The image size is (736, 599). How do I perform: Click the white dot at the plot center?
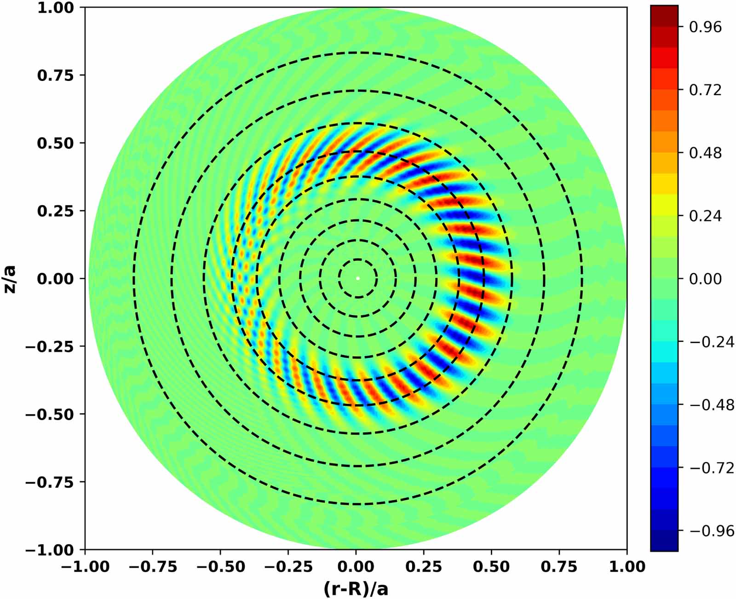tap(358, 278)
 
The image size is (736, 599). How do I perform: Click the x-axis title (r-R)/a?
tap(356, 588)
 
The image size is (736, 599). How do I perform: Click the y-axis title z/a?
tap(10, 279)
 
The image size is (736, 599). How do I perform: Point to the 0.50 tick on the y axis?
tap(55, 143)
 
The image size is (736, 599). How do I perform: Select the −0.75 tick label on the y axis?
tap(49, 482)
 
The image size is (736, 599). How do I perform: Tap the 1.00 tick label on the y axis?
tap(55, 8)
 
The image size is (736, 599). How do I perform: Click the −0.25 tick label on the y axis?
tap(49, 346)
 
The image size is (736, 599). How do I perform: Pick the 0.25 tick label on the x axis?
tap(424, 566)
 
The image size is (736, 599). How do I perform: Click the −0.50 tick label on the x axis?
tap(220, 566)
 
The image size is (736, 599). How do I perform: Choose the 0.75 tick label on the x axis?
tap(559, 566)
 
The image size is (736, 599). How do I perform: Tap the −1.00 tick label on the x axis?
tap(85, 566)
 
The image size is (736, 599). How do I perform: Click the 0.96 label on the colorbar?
tap(705, 27)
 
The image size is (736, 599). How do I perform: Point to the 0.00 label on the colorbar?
tap(705, 279)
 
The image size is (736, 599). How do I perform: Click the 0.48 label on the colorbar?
tap(705, 153)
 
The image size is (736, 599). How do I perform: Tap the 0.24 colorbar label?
tap(705, 216)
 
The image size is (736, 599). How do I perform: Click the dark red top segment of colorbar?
tap(664, 16)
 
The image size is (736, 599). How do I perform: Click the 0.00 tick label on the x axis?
tap(356, 566)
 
